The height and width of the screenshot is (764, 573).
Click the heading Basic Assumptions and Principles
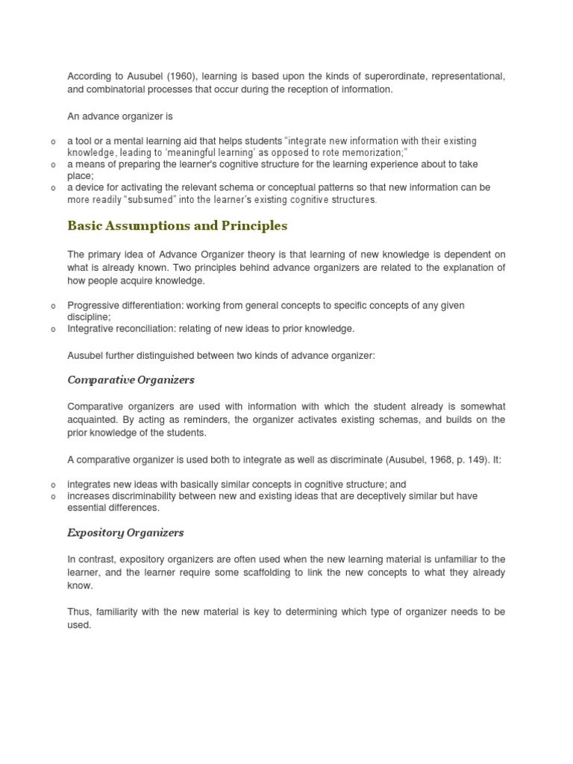pos(178,225)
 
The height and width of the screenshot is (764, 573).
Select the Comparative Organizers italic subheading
pos(131,380)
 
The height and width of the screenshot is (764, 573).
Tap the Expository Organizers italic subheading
pos(125,533)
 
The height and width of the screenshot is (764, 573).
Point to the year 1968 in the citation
pos(424,460)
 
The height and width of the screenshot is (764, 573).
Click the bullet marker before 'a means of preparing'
pos(53,164)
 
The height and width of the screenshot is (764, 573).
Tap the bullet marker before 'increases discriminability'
pos(53,496)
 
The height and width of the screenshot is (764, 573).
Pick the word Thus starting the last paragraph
pos(79,612)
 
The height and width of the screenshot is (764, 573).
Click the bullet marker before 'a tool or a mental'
pos(53,141)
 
